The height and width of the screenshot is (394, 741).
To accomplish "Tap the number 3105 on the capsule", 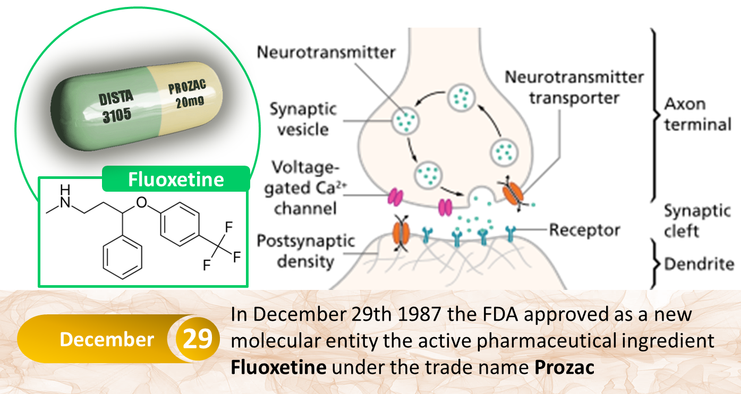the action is pos(117,115).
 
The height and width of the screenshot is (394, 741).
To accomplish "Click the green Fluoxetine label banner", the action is pos(176,179).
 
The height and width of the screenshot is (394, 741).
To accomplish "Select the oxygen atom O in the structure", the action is pos(142,202).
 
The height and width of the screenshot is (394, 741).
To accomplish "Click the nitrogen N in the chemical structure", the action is pos(65,202).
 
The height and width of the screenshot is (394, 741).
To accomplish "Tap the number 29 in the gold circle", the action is pos(198,339).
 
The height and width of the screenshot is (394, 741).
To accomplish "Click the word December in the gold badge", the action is pos(107,339).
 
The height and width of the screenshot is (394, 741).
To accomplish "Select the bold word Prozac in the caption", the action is pos(564,367).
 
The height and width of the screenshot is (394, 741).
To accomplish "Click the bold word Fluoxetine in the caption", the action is pos(278,367).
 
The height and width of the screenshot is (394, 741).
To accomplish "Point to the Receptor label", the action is pos(584,230).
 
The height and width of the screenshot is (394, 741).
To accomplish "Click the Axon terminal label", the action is pos(697,115).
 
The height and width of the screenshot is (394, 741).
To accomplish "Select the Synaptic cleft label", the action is pos(697,221).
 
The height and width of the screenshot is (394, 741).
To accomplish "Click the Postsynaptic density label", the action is pos(305,251).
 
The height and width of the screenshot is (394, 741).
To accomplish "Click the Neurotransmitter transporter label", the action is pos(574,88).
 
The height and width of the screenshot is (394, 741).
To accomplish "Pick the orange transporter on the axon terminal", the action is pos(513,194).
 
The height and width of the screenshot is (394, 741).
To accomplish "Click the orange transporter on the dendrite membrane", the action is pos(401,233).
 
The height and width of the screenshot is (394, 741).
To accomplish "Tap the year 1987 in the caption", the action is pos(420,314).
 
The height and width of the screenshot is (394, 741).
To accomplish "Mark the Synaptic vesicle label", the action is pos(303,119).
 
